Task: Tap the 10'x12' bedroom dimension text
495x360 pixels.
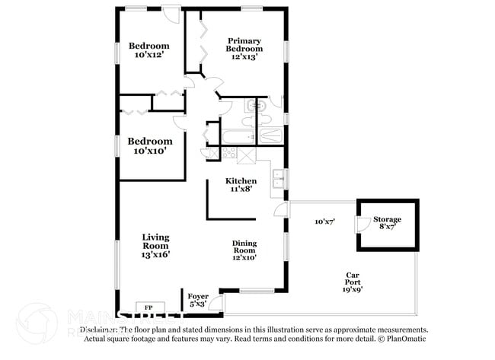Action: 149,55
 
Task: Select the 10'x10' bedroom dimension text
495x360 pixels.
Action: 149,151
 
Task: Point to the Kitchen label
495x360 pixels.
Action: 235,180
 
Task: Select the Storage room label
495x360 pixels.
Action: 388,220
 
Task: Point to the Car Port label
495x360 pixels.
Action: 353,279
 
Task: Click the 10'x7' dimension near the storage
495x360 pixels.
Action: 325,221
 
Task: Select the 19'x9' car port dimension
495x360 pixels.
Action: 353,288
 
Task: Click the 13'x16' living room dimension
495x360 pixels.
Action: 155,255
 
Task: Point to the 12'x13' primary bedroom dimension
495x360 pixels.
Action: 244,56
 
